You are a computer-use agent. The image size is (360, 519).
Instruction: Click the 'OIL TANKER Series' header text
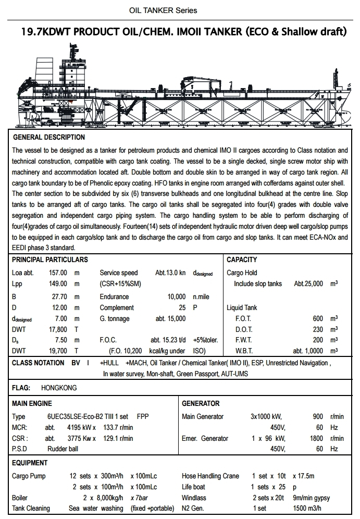163,10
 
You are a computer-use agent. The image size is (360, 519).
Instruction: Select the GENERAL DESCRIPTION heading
48,138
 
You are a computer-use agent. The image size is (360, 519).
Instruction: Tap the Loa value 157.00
58,273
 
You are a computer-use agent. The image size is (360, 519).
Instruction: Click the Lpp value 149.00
58,284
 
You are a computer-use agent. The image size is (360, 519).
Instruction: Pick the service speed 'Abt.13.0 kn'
170,273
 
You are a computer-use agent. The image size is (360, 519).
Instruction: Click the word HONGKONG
58,388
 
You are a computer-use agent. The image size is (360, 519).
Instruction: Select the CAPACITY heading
242,259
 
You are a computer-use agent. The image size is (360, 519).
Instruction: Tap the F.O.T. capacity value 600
318,319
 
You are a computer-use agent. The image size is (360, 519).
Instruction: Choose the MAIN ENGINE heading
32,403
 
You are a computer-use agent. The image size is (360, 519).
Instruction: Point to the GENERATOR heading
201,403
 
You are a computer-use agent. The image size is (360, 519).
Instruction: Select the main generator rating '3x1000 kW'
266,417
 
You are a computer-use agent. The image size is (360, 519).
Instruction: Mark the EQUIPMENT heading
30,463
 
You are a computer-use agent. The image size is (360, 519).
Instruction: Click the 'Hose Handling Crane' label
210,476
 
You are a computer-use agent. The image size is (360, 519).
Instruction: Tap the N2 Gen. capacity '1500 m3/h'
307,509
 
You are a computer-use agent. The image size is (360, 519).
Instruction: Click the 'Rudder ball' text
65,449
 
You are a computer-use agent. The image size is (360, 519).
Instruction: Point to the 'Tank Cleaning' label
31,509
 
